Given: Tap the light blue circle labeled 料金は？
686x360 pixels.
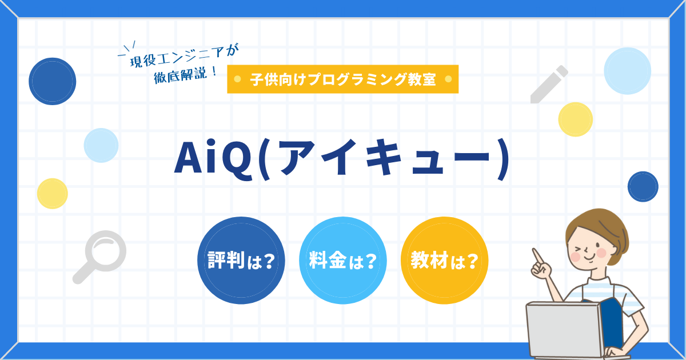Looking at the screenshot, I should coord(342,261).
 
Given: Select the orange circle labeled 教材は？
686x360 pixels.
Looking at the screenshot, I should coord(444,261).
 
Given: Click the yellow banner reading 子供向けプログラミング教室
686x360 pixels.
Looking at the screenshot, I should coord(342,79).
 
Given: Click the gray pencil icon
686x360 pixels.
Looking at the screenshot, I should coord(548,85).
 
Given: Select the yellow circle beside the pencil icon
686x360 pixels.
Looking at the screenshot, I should coord(575,119).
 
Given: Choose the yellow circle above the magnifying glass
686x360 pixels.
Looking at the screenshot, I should coord(53,194).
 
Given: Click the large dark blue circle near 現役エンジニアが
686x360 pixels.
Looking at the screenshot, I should coord(53,82).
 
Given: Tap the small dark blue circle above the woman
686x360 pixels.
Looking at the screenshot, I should coord(643,186).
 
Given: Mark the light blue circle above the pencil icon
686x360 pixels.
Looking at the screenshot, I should coord(628,71).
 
